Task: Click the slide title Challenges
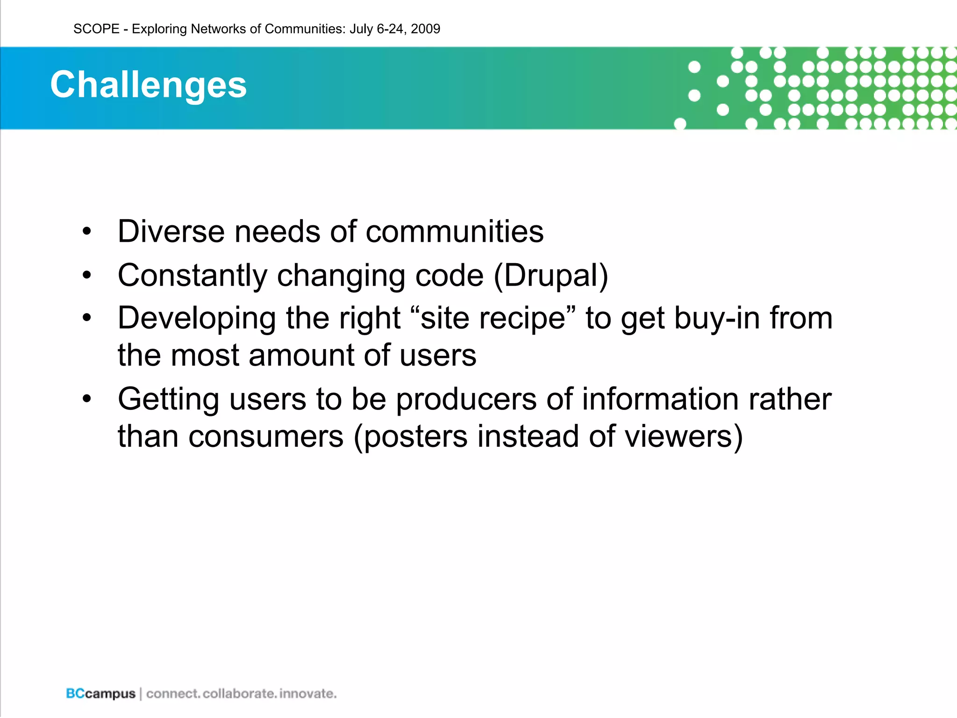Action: click(148, 85)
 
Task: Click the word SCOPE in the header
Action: click(96, 29)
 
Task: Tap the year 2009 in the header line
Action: click(425, 29)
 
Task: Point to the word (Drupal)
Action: click(551, 275)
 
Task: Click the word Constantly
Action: click(192, 275)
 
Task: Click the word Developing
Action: click(197, 318)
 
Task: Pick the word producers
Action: click(466, 400)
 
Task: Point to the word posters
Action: click(415, 437)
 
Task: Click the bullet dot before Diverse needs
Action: click(86, 232)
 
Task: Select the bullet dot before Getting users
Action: click(86, 399)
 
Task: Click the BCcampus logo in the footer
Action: click(100, 694)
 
